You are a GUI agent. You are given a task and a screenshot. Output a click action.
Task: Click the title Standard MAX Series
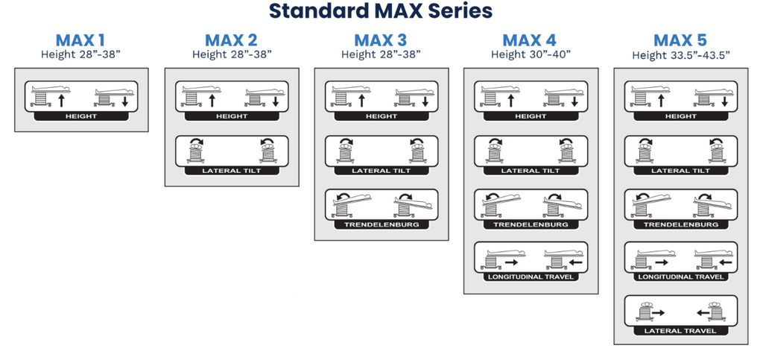[x=381, y=11]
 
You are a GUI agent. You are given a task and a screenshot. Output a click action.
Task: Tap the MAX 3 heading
[x=381, y=40]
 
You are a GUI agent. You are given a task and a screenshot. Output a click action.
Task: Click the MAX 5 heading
[x=680, y=40]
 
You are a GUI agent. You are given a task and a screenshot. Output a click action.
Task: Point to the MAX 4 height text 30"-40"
[x=531, y=54]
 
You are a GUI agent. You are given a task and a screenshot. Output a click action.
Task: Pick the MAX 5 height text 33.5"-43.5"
[x=680, y=55]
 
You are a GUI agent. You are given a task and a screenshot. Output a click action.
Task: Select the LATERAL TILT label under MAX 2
[x=231, y=171]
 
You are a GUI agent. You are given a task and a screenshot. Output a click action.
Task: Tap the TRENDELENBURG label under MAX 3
[x=381, y=224]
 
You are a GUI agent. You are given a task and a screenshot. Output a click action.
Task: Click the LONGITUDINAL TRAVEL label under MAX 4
[x=531, y=277]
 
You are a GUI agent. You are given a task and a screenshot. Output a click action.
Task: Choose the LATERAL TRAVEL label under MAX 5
[x=680, y=330]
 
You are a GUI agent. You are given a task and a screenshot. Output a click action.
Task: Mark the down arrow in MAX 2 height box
[x=274, y=101]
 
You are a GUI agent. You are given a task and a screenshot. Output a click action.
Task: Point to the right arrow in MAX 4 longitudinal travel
[x=511, y=262]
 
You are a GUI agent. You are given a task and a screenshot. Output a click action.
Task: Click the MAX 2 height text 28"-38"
[x=232, y=54]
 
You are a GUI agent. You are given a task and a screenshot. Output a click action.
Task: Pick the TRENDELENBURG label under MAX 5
[x=680, y=224]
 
